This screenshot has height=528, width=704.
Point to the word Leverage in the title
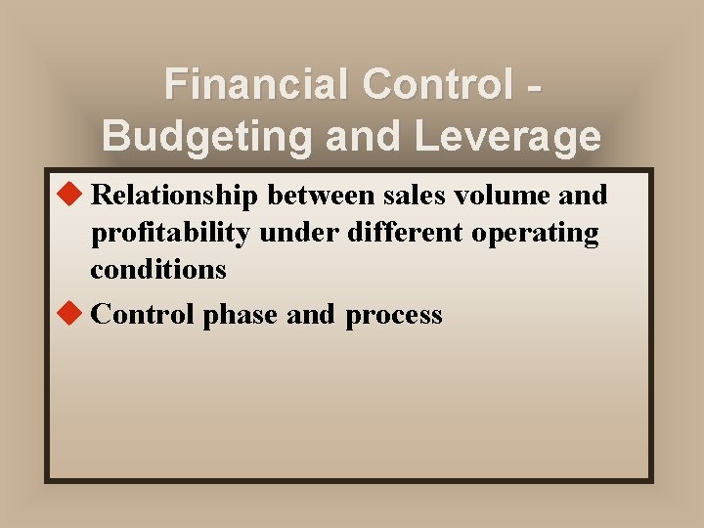[507, 136]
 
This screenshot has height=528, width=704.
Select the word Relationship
[174, 196]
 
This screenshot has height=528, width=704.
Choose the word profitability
[171, 234]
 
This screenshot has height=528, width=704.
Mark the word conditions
[158, 269]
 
